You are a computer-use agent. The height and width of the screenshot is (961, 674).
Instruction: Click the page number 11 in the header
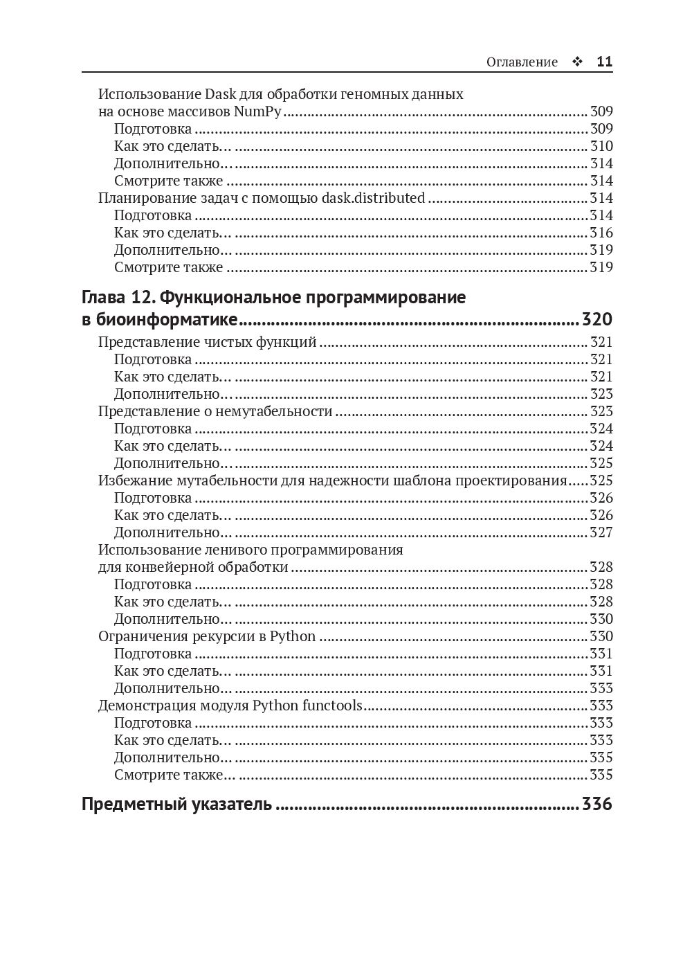(x=604, y=62)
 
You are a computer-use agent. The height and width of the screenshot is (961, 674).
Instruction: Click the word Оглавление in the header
(x=522, y=62)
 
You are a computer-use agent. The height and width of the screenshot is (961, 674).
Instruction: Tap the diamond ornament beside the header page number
(x=576, y=62)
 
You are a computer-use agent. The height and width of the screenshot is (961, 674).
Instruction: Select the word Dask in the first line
(x=221, y=94)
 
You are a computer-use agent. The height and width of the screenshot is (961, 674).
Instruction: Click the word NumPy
(x=257, y=111)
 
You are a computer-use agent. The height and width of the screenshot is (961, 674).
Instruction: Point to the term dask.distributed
(x=374, y=198)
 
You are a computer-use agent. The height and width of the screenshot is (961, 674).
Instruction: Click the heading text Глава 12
(x=118, y=298)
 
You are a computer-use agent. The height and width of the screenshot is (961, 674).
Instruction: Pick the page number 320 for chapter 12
(x=596, y=319)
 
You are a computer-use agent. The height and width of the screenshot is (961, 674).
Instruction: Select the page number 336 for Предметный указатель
(x=596, y=805)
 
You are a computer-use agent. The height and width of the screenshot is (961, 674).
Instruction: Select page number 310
(x=601, y=146)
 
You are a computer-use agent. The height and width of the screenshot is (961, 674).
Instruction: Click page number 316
(x=601, y=233)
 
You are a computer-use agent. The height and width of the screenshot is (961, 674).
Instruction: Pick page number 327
(x=601, y=532)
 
